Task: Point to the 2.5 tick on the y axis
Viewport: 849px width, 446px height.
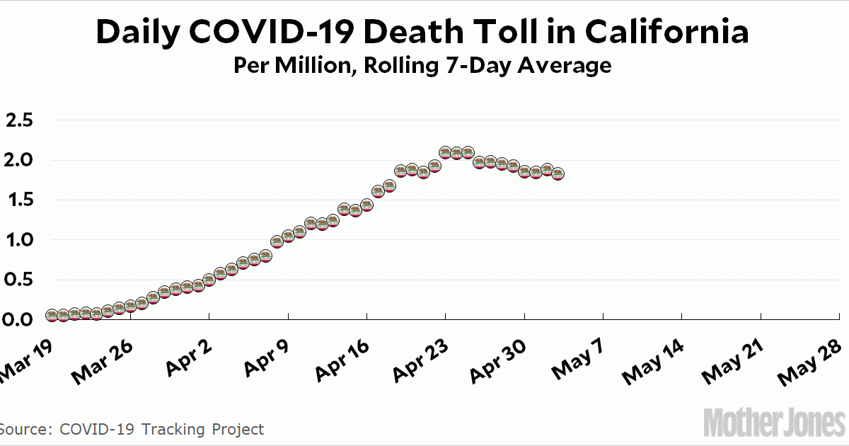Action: pyautogui.click(x=19, y=120)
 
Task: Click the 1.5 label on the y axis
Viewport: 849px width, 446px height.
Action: pyautogui.click(x=19, y=200)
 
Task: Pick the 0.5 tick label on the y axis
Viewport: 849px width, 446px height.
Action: pyautogui.click(x=19, y=280)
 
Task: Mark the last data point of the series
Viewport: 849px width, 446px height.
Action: pyautogui.click(x=558, y=174)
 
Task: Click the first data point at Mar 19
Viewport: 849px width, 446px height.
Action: pyautogui.click(x=52, y=315)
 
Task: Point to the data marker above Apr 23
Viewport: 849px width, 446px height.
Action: pyautogui.click(x=445, y=153)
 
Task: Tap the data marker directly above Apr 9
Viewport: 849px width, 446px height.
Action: pyautogui.click(x=288, y=236)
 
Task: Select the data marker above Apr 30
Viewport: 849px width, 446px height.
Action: pyautogui.click(x=524, y=171)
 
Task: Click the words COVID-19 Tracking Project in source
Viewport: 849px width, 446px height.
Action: pyautogui.click(x=162, y=429)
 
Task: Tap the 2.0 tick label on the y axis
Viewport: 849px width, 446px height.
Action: pyautogui.click(x=19, y=160)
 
